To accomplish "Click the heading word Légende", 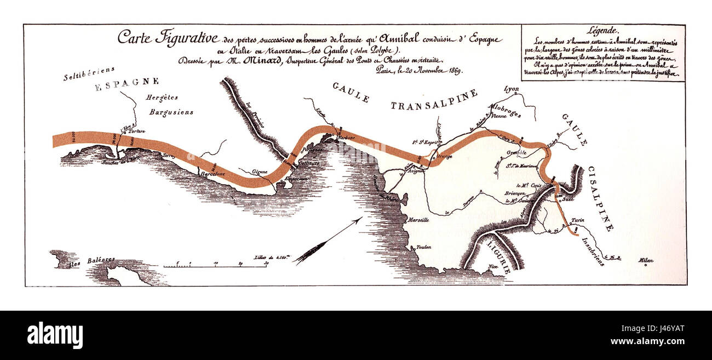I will tap(602, 31).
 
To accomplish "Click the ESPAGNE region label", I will tap(127, 84).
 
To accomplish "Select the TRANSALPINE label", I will tap(434, 99).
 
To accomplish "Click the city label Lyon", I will tap(512, 89).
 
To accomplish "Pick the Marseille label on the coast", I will tap(418, 220).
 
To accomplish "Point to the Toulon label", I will tap(424, 247).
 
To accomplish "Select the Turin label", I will tap(578, 220).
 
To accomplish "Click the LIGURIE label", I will tap(500, 255).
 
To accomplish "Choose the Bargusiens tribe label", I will tap(171, 112).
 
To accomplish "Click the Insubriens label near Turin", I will tap(593, 252).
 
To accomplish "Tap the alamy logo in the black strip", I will tap(55, 335).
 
